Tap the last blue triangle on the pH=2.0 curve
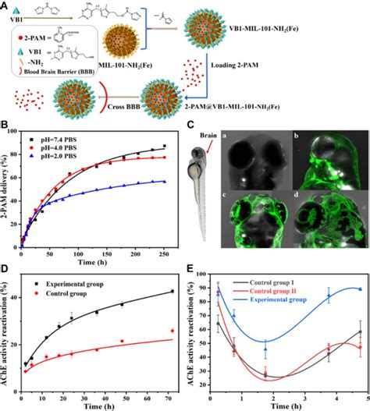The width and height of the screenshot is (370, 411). pyautogui.click(x=195, y=181)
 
